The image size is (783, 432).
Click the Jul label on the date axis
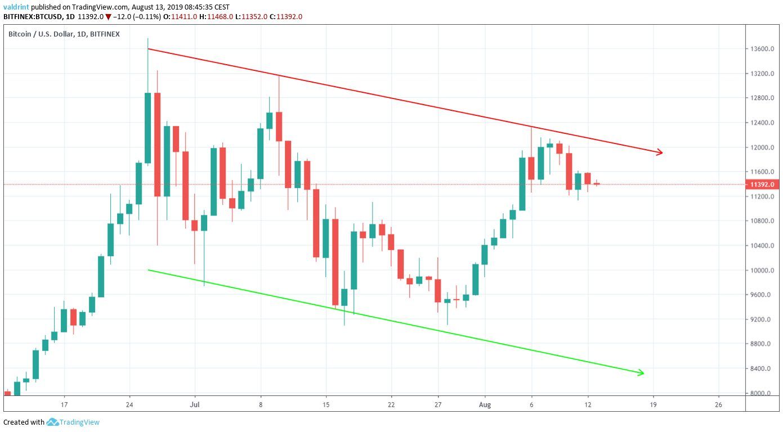click(x=195, y=404)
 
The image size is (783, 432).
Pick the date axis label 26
click(x=718, y=404)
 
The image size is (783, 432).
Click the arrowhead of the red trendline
click(x=660, y=152)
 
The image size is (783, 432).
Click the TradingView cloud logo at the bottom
click(x=53, y=422)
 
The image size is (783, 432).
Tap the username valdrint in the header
click(x=16, y=7)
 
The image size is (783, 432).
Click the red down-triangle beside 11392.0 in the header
click(x=108, y=16)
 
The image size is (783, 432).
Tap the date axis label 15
click(x=326, y=404)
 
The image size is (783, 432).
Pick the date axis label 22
click(x=391, y=404)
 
